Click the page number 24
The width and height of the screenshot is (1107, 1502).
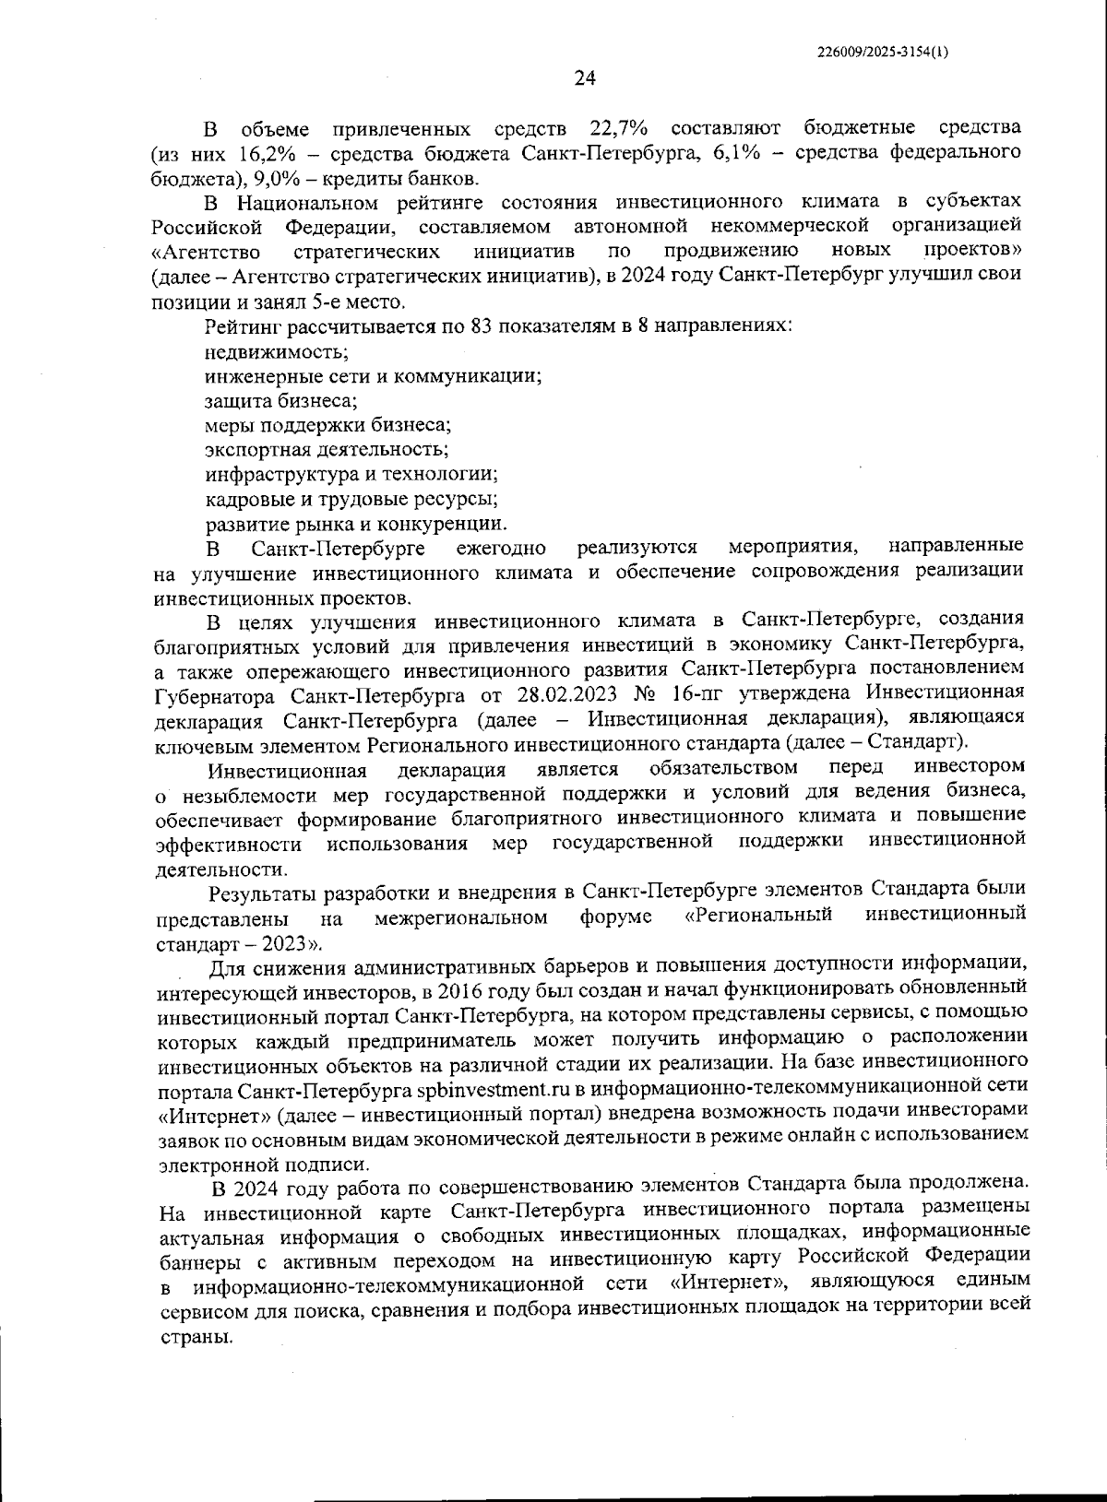pos(585,79)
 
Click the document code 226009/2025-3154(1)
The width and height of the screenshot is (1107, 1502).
pos(883,53)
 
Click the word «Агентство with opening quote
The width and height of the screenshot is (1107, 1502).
pos(206,252)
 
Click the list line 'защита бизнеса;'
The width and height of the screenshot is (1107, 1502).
pos(281,401)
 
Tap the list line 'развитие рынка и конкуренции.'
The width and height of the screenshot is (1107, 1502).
pos(355,525)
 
